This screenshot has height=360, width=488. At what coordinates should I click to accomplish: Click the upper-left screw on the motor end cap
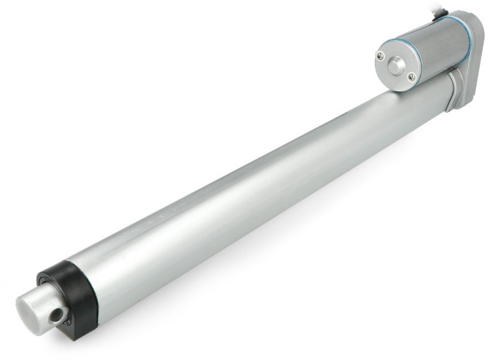pyautogui.click(x=380, y=56)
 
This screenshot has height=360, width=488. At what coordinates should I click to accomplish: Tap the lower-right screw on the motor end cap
pyautogui.click(x=411, y=77)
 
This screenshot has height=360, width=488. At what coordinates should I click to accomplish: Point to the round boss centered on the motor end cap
pyautogui.click(x=396, y=66)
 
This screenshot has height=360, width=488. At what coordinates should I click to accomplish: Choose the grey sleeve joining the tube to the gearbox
pyautogui.click(x=451, y=83)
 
